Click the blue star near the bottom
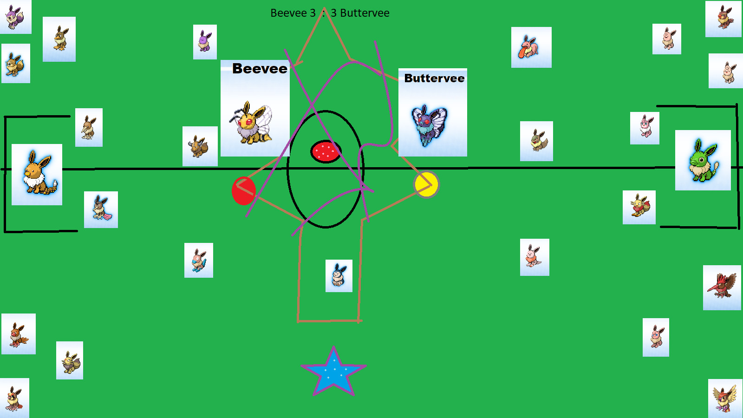click(333, 370)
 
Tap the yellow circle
click(426, 184)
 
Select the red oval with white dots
click(326, 151)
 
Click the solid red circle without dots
click(243, 190)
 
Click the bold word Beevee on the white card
click(260, 69)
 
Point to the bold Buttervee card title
click(434, 78)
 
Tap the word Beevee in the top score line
click(288, 13)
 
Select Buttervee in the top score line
click(365, 13)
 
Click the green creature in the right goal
click(703, 160)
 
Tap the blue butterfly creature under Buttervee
click(430, 124)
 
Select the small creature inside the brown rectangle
click(339, 276)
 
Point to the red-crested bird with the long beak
click(722, 287)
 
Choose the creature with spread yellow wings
click(724, 398)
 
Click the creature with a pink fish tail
click(101, 209)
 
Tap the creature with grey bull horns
click(200, 146)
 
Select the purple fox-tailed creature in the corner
click(15, 17)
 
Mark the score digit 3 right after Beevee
click(313, 13)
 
